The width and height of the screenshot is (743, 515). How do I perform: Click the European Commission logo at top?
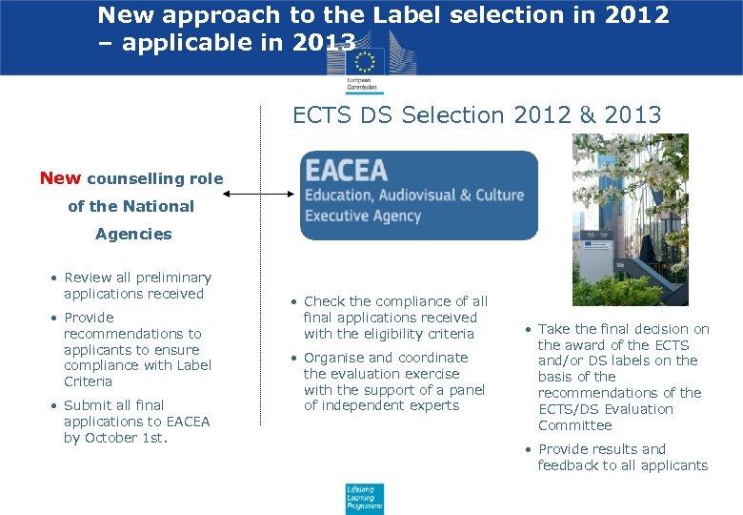(x=363, y=64)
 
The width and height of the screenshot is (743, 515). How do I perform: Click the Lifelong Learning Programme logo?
(x=364, y=498)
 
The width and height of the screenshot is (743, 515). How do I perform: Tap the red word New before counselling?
(x=60, y=178)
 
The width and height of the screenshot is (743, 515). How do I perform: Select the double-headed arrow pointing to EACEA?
(x=259, y=195)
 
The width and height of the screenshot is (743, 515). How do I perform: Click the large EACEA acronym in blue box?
(x=346, y=171)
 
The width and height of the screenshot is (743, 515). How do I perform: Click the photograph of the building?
(x=630, y=219)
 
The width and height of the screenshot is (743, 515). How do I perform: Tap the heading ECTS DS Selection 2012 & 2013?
(x=476, y=115)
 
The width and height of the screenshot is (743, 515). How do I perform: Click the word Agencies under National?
(x=133, y=234)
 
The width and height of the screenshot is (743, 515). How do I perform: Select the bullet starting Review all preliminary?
(x=132, y=285)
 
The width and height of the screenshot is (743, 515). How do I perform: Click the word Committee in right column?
(x=574, y=425)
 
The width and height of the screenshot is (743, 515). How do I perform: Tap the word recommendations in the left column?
(x=132, y=334)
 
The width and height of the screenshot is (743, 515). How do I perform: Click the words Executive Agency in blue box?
(x=363, y=216)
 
